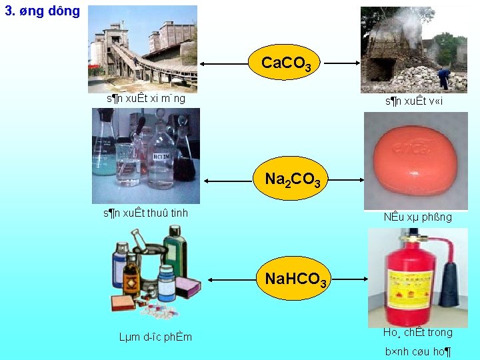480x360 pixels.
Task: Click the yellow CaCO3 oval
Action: pos(286,63)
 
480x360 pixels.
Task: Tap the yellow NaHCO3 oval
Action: pos(295,279)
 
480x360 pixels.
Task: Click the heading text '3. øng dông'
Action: pos(42,11)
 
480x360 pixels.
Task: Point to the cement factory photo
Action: pos(143,47)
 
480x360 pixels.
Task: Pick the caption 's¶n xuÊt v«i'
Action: pos(413,101)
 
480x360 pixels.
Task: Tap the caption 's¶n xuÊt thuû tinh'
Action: pos(145,213)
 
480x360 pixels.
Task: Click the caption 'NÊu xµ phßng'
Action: pos(417,217)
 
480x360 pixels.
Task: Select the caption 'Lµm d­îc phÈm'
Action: pos(155,337)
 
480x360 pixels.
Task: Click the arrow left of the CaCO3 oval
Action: pos(225,64)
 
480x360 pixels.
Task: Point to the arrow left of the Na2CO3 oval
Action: pos(229,181)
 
